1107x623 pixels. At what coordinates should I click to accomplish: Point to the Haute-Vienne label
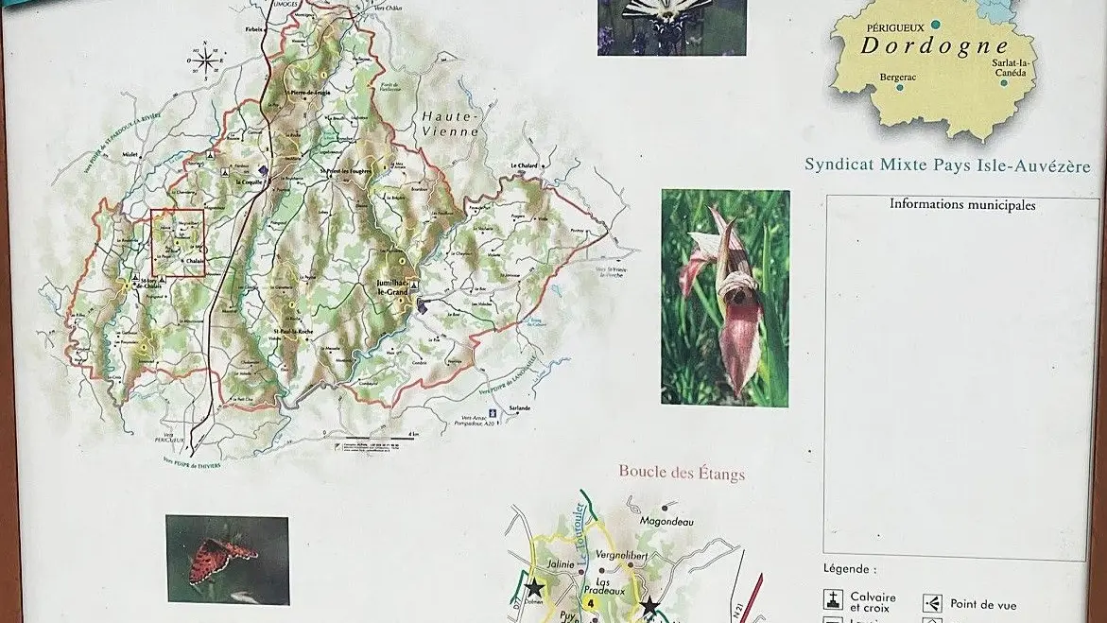coord(451,123)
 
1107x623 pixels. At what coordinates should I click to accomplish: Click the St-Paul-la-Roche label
coord(295,331)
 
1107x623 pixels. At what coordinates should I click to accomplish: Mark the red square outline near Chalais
coord(178,244)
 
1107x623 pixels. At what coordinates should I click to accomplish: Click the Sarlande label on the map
coord(520,407)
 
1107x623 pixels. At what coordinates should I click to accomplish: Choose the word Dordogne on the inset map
coord(934,45)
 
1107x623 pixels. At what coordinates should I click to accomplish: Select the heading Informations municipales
coord(962,204)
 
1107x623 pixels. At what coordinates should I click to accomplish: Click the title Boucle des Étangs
coord(682,472)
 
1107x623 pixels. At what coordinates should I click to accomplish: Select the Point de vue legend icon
coord(932,603)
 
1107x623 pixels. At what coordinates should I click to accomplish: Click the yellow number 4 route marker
coord(591,602)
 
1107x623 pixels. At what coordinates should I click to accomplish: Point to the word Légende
coord(850,569)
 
